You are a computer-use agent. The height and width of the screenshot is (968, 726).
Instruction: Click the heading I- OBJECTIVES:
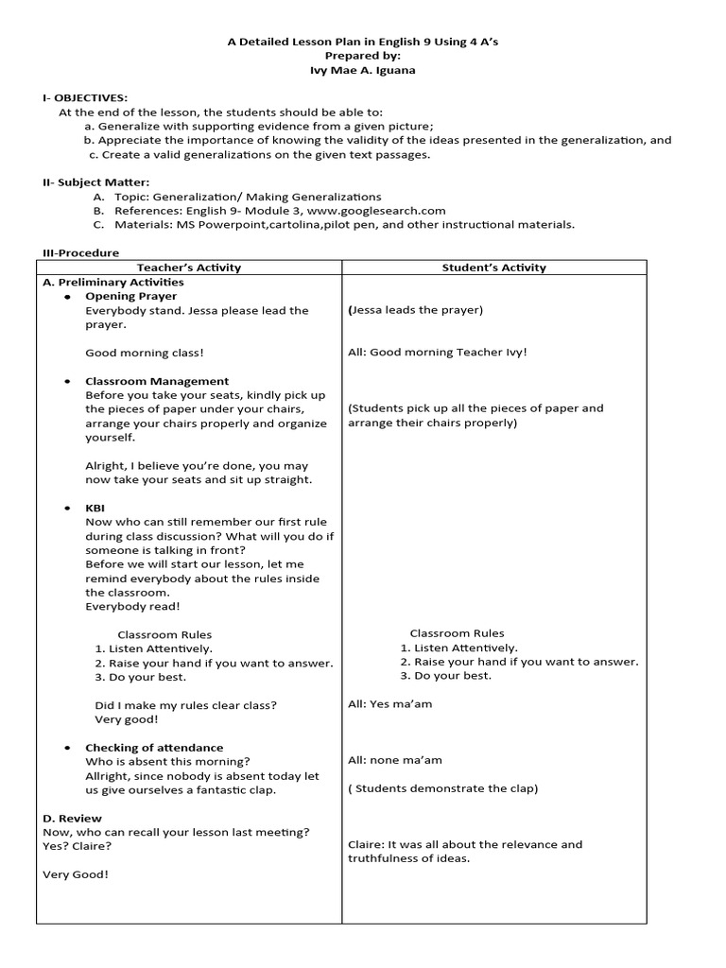click(x=84, y=98)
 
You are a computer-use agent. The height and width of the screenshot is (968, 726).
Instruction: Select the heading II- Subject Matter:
click(x=95, y=182)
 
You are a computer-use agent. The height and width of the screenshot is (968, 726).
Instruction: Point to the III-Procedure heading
click(x=79, y=253)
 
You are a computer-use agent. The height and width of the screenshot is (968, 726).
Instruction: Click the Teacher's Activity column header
click(x=189, y=268)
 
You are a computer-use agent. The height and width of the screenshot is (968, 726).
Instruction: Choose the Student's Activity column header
click(x=493, y=268)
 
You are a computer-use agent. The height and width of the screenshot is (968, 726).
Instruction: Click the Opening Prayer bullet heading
click(x=130, y=296)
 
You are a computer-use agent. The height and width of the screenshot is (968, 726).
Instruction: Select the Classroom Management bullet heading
click(x=157, y=381)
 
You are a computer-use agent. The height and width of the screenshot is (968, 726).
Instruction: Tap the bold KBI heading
click(x=95, y=508)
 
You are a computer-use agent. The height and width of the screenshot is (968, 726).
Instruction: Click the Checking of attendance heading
click(x=154, y=748)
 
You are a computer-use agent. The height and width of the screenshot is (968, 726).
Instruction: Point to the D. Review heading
click(x=73, y=818)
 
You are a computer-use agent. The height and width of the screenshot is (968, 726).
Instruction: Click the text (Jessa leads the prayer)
click(x=415, y=310)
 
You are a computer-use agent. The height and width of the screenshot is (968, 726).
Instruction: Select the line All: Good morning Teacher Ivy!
click(x=438, y=353)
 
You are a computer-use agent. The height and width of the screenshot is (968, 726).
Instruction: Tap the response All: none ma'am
click(x=394, y=760)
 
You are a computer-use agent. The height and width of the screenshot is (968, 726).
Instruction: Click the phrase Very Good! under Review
click(x=76, y=874)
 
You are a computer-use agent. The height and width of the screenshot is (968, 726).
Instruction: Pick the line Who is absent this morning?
click(x=167, y=762)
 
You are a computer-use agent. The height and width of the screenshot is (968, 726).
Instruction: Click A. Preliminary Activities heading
click(x=113, y=282)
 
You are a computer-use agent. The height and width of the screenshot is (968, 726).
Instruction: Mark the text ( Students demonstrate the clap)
click(x=442, y=788)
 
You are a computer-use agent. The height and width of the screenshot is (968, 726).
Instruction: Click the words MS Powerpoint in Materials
click(x=216, y=225)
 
